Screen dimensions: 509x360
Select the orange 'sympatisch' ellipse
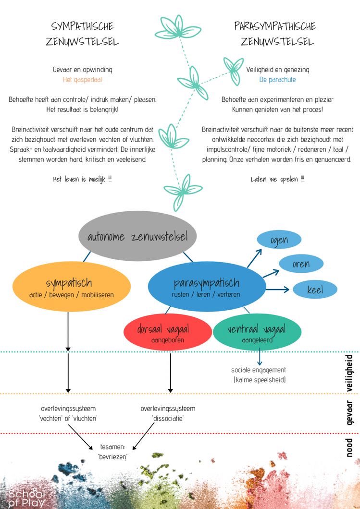(71, 288)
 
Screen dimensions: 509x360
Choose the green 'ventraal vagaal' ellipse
(257, 333)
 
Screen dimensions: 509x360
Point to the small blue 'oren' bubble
(301, 264)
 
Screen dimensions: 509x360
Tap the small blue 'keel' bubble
(315, 290)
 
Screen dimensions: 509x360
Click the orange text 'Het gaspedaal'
(82, 80)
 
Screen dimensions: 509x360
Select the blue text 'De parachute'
(277, 80)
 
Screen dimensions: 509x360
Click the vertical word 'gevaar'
(349, 412)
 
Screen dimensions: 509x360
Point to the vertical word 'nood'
(349, 448)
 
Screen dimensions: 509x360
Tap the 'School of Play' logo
(27, 497)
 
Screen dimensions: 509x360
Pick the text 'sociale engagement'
(259, 370)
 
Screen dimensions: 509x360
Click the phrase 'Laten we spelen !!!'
(277, 179)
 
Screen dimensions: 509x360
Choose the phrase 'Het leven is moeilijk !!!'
(82, 179)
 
